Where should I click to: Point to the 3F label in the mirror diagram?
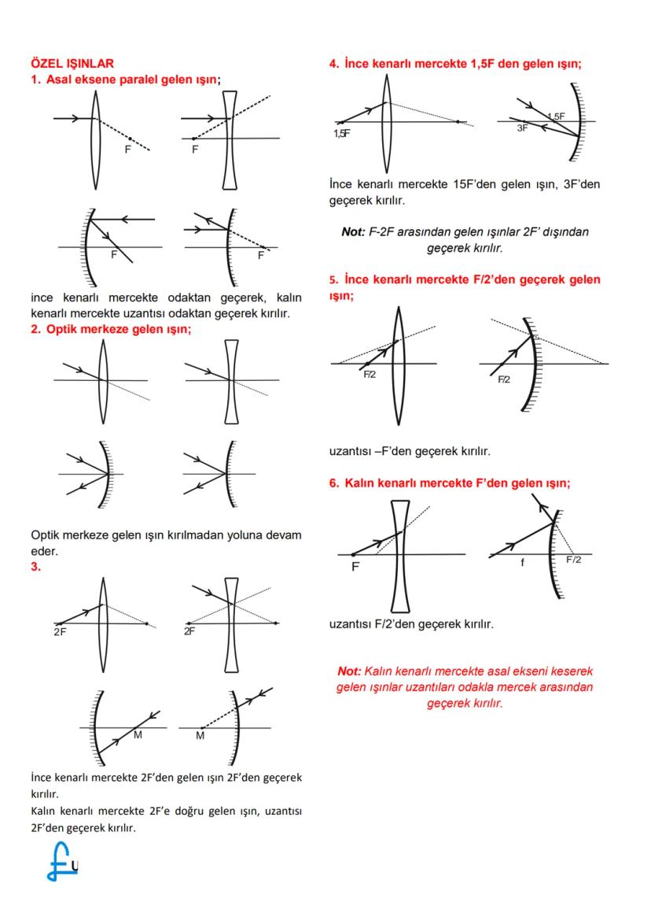pos(523,128)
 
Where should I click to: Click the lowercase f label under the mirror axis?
pos(521,562)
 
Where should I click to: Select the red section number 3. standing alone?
pos(35,564)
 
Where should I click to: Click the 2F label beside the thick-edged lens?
pos(189,631)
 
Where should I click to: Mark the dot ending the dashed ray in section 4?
pos(458,122)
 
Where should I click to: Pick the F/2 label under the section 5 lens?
pos(370,375)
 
